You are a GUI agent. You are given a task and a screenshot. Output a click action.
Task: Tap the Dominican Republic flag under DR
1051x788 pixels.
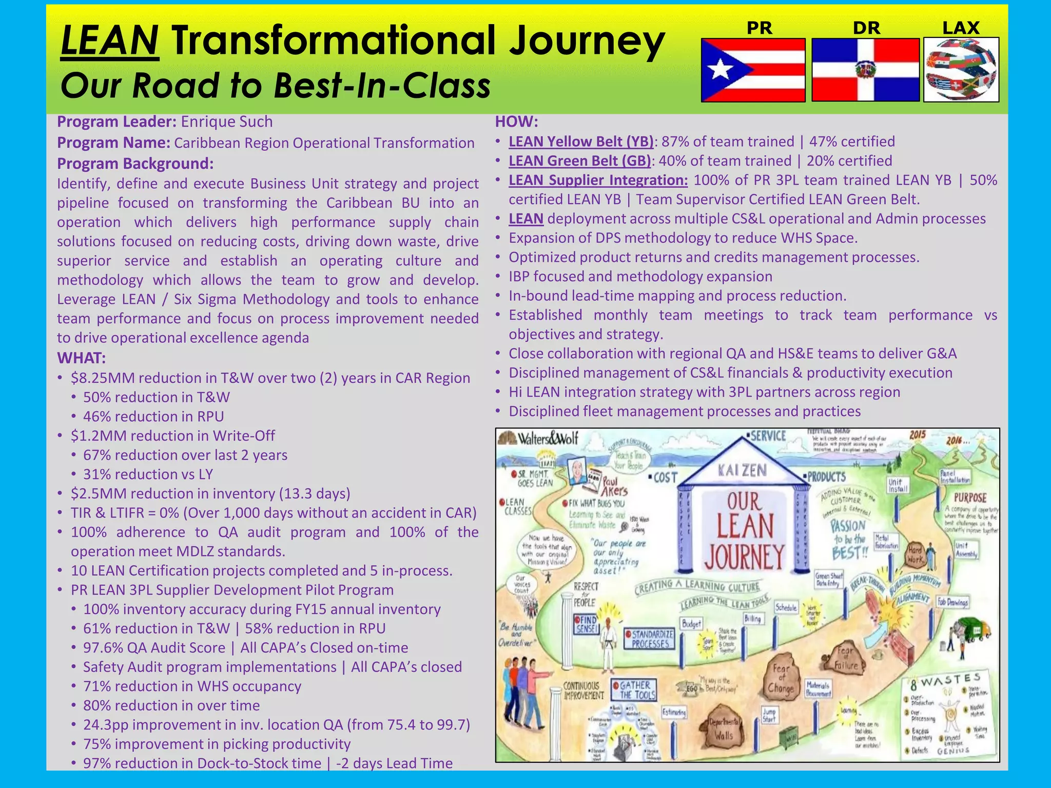pos(865,70)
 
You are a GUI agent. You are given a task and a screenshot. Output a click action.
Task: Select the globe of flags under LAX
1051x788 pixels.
pos(961,70)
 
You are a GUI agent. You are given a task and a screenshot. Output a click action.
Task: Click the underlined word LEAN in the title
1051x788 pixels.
pos(109,41)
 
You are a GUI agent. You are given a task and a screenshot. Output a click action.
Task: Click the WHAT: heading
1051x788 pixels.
pos(81,358)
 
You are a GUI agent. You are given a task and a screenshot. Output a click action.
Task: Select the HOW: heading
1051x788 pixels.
pos(516,122)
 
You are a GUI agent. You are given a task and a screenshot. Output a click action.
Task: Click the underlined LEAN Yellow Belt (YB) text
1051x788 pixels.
pos(581,142)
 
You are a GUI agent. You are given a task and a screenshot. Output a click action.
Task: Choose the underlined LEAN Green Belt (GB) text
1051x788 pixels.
pos(579,161)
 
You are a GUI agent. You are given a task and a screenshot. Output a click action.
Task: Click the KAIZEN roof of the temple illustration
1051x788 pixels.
pos(743,469)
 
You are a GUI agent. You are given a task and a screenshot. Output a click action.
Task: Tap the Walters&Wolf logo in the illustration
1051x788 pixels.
pos(541,439)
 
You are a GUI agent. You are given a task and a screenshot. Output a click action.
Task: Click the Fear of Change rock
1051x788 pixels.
pos(781,678)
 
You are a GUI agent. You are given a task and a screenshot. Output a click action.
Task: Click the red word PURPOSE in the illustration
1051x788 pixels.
pos(970,498)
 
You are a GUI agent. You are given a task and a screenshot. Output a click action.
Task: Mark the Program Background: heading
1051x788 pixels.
pos(135,164)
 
